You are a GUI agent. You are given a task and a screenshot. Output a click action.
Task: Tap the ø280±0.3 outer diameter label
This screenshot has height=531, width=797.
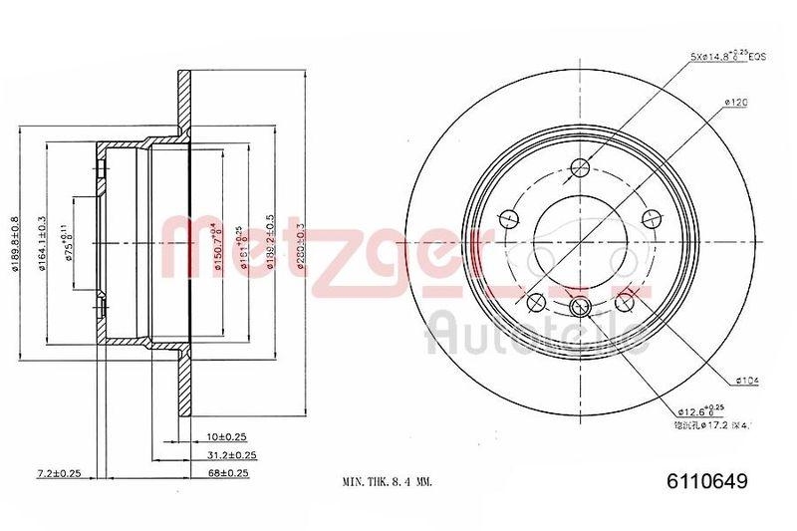point(299,244)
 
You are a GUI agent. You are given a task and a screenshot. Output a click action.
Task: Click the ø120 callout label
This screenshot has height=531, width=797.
point(737,102)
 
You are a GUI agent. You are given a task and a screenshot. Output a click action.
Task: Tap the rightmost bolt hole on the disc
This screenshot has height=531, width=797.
point(652,218)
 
